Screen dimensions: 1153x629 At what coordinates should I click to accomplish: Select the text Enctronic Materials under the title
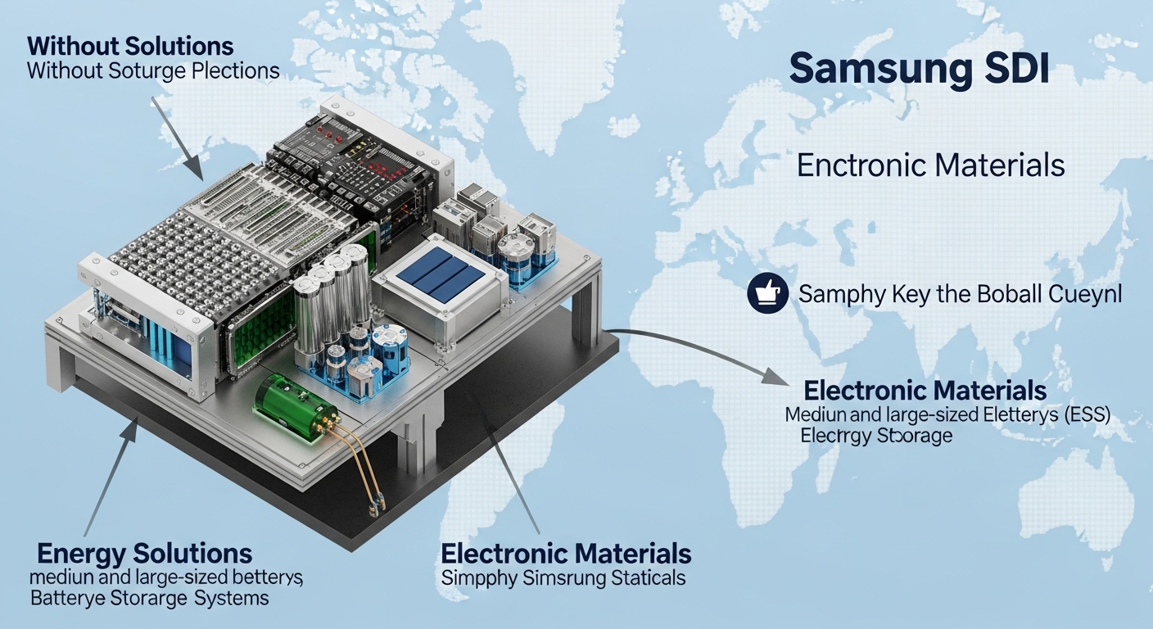tap(930, 166)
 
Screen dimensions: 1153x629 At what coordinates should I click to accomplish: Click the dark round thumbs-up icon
tap(767, 292)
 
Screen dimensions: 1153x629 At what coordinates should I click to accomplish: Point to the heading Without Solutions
tap(130, 45)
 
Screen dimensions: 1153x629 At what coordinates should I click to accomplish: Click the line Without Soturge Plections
tap(153, 70)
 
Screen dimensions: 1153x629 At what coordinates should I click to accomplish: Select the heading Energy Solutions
tap(144, 552)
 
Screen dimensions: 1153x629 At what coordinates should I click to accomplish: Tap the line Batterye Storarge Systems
tap(149, 598)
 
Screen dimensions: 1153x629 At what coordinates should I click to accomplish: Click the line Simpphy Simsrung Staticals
tap(563, 578)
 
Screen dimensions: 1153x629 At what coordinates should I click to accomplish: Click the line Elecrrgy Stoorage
tap(876, 436)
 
